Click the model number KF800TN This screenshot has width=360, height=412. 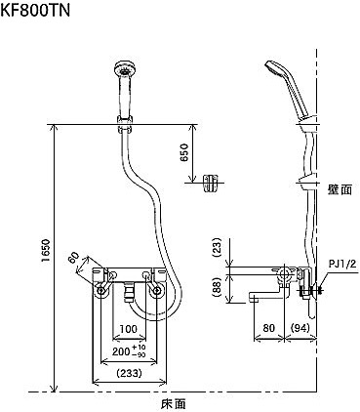click(x=35, y=11)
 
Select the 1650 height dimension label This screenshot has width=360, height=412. click(x=46, y=252)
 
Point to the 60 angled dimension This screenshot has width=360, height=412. click(x=74, y=259)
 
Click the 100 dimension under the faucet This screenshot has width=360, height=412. click(x=129, y=329)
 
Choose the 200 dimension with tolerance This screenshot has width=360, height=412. click(x=129, y=350)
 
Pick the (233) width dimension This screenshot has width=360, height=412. click(x=129, y=373)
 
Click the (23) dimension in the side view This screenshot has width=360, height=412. click(x=217, y=248)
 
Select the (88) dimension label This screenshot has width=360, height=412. click(x=217, y=286)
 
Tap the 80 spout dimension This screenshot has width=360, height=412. click(x=268, y=328)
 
